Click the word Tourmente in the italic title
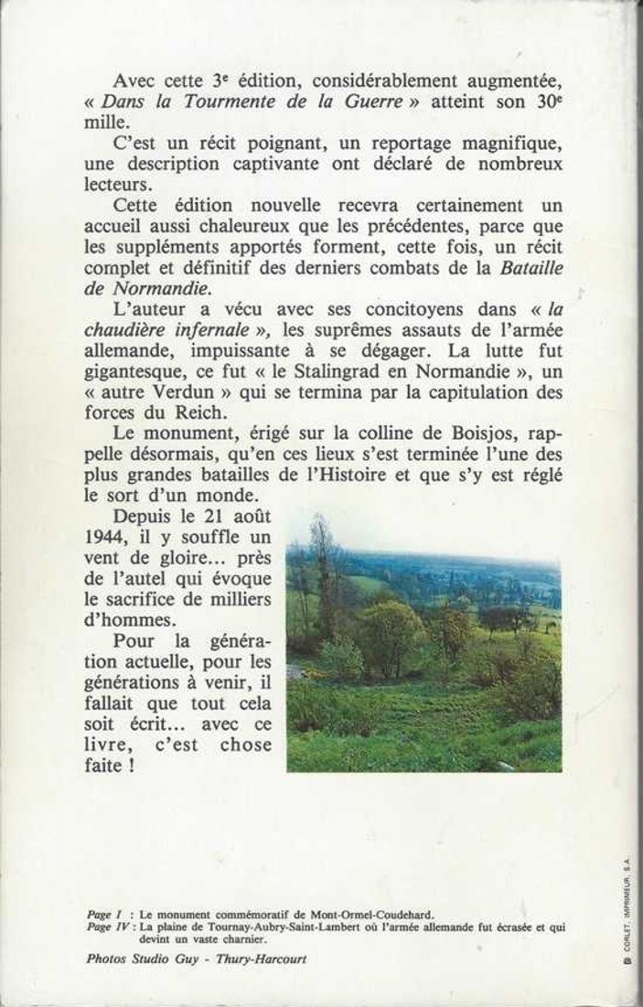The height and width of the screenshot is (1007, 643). (226, 102)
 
